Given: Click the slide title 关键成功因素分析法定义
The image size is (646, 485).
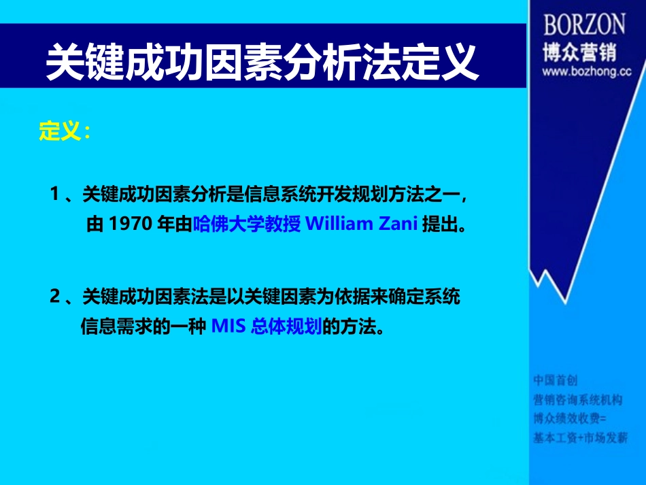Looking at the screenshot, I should (x=262, y=63).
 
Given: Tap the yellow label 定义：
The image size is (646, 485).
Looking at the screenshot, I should (x=65, y=131).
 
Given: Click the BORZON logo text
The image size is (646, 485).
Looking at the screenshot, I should (x=584, y=25).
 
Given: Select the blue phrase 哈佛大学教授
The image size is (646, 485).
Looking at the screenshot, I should (x=247, y=224).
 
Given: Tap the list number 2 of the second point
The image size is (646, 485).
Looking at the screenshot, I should (x=55, y=297).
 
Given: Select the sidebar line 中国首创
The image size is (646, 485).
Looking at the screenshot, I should (x=556, y=380).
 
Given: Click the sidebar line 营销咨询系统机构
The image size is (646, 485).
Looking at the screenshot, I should (x=578, y=399).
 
